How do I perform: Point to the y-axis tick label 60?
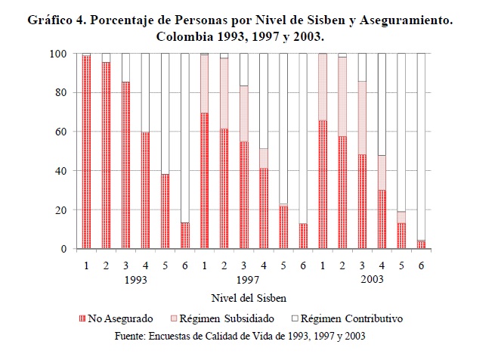60,132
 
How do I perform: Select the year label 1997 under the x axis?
253,279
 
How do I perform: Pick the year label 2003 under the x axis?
372,279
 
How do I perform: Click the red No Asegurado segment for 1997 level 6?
302,236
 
